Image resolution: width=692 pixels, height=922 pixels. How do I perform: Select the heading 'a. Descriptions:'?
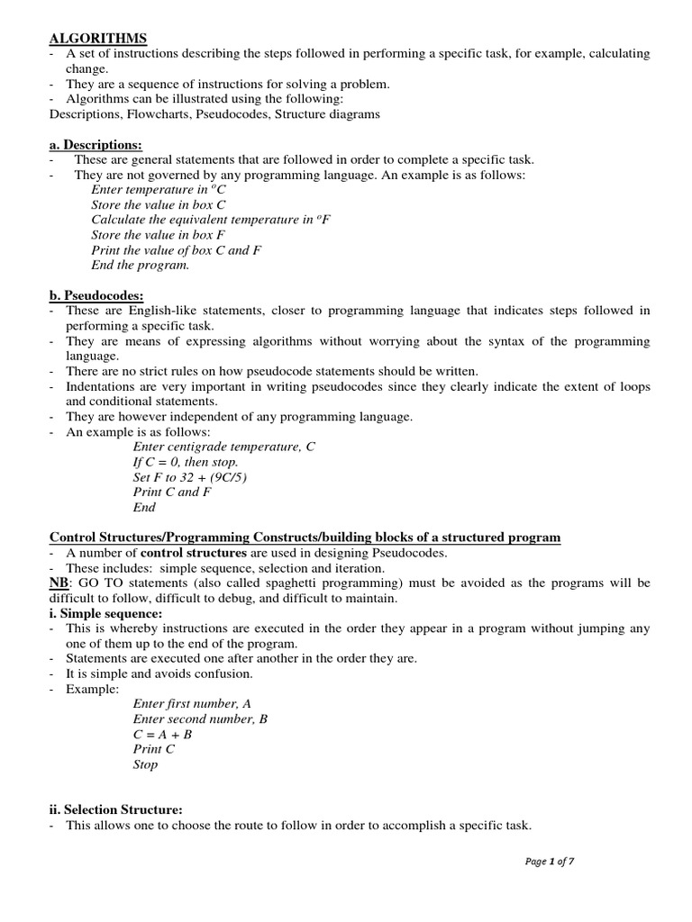point(95,145)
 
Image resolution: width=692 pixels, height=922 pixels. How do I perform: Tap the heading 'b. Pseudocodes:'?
point(95,295)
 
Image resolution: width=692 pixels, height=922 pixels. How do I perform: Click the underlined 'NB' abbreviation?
point(58,583)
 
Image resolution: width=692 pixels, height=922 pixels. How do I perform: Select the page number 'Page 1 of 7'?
point(549,862)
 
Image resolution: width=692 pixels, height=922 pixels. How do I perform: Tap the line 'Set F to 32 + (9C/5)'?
point(189,477)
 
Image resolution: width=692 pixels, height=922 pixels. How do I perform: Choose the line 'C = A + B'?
point(162,734)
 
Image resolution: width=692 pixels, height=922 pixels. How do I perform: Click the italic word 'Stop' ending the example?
point(145,764)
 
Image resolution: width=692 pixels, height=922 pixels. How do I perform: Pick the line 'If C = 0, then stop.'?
point(186,462)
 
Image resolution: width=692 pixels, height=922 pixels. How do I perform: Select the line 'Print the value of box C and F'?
point(176,250)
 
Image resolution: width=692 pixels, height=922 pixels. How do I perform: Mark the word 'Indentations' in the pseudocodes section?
point(104,386)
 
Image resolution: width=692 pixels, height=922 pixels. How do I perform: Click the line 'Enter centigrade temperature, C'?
point(223,447)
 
